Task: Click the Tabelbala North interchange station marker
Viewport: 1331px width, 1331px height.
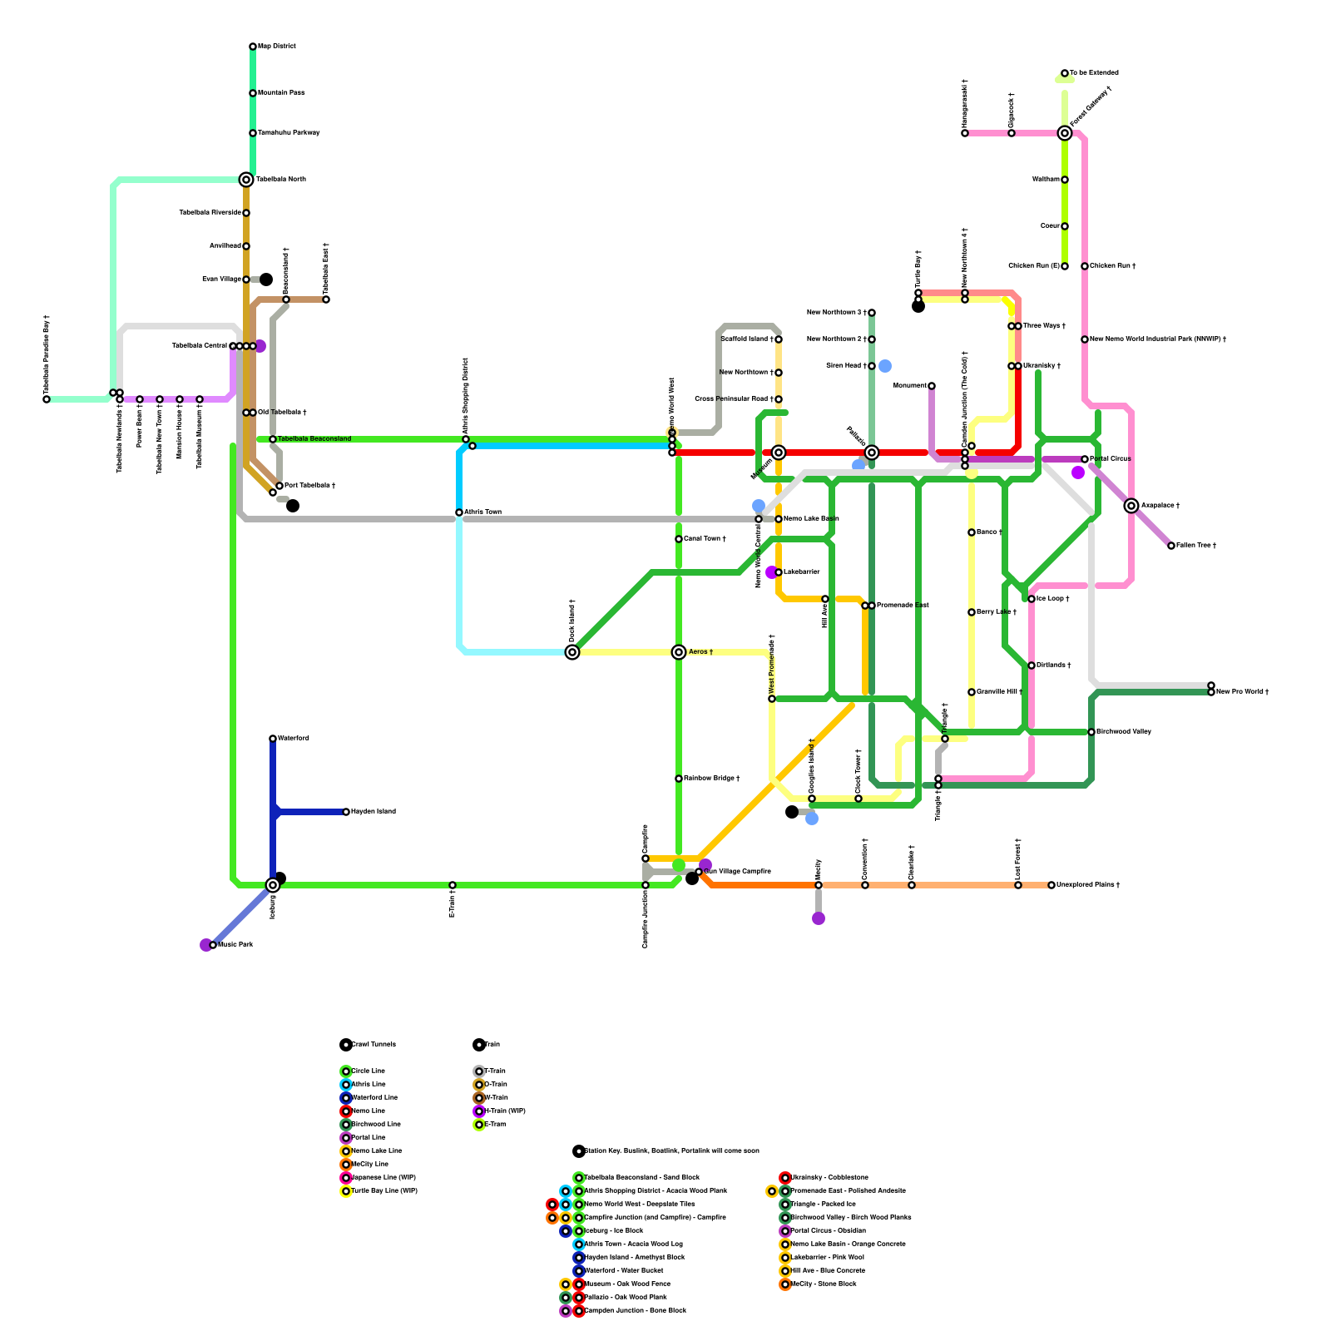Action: pyautogui.click(x=246, y=180)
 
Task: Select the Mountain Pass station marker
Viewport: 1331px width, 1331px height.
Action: pyautogui.click(x=253, y=93)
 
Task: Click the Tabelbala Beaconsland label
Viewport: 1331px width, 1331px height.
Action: pyautogui.click(x=314, y=439)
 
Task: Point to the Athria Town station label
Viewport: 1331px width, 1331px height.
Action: pyautogui.click(x=482, y=512)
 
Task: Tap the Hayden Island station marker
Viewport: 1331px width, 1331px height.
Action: pyautogui.click(x=346, y=812)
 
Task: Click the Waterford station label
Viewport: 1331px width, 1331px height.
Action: pyautogui.click(x=294, y=739)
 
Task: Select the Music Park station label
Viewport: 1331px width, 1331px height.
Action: pyautogui.click(x=235, y=945)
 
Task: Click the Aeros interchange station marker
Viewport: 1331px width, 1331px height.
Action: pyautogui.click(x=679, y=652)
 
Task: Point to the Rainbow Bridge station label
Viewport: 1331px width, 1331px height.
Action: pyautogui.click(x=711, y=779)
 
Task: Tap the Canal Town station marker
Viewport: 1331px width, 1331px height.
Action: pyautogui.click(x=679, y=539)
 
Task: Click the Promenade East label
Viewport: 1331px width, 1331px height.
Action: pyautogui.click(x=903, y=606)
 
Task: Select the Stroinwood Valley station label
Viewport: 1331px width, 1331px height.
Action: pyautogui.click(x=1124, y=732)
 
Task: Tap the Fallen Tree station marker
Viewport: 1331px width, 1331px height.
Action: pyautogui.click(x=1171, y=546)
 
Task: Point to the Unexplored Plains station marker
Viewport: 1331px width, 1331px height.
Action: pyautogui.click(x=1051, y=885)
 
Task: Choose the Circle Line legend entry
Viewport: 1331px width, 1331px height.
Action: pyautogui.click(x=369, y=1071)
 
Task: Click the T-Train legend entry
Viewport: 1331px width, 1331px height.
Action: pyautogui.click(x=495, y=1071)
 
